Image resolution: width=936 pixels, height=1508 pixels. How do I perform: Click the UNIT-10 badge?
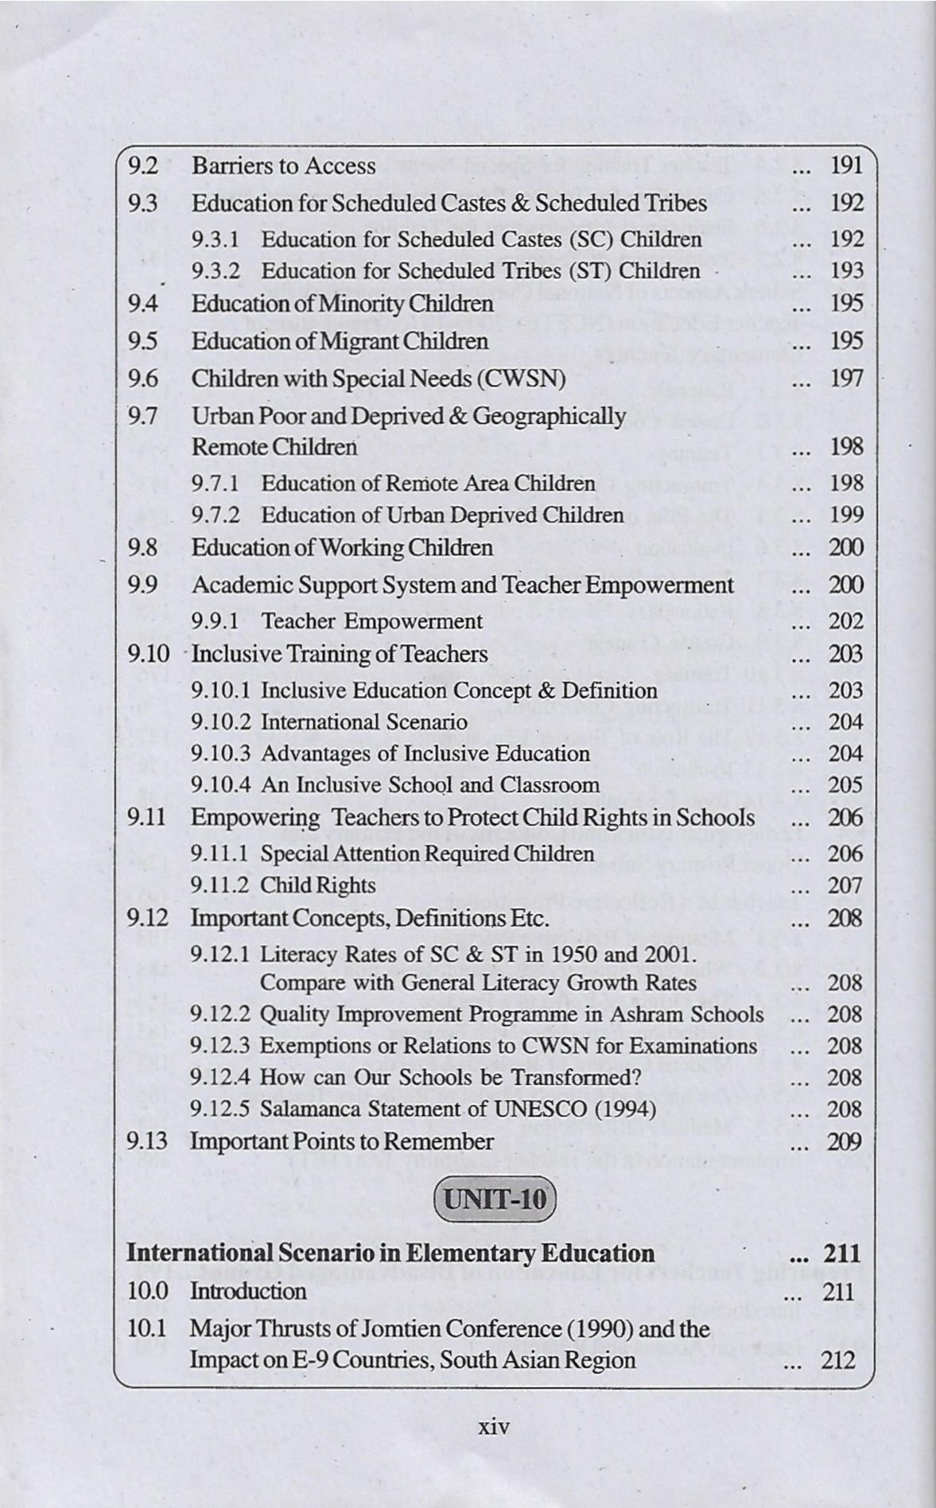coord(493,1198)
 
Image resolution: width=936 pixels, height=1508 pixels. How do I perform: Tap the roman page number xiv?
coord(493,1425)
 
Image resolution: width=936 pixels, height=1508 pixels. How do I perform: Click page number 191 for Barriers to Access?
coord(846,165)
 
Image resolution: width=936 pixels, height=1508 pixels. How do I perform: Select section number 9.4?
coord(143,304)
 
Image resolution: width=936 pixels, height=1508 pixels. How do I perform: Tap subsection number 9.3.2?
coord(216,271)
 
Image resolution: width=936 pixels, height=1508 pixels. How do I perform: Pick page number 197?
coord(846,379)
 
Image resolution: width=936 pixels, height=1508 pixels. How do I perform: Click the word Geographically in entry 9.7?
coord(550,416)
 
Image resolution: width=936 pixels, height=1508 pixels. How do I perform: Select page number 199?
coord(846,515)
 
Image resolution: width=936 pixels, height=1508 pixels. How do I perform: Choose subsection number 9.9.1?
coord(216,621)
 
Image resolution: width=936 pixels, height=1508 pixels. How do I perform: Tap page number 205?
coord(846,785)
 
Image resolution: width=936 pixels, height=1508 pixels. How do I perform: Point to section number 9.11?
coord(147,818)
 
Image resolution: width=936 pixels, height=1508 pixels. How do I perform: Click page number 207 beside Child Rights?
coord(846,885)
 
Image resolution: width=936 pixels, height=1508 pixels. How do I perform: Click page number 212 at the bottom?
coord(838,1360)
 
